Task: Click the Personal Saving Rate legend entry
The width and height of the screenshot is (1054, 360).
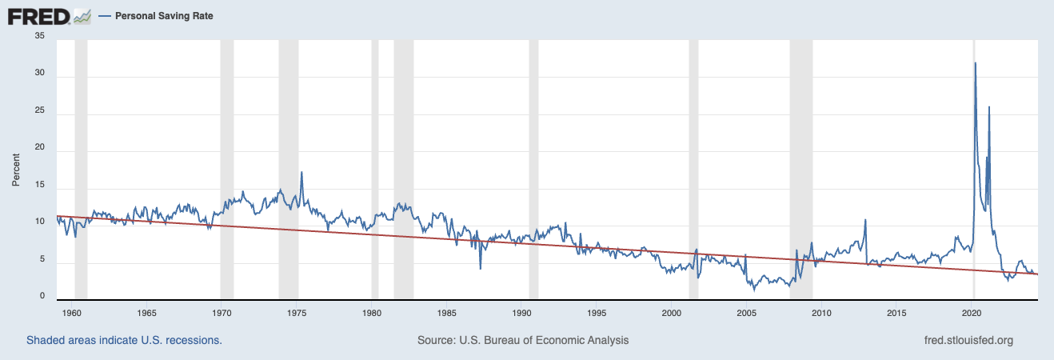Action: click(164, 16)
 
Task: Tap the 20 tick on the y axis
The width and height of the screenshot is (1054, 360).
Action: click(40, 150)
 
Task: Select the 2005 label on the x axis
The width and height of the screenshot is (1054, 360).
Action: click(747, 312)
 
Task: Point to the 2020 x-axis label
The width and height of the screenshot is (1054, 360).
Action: click(972, 312)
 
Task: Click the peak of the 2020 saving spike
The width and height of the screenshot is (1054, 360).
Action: click(975, 63)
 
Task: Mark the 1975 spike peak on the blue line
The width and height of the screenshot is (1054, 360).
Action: click(301, 172)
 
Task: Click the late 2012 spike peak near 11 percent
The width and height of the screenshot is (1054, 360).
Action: click(865, 220)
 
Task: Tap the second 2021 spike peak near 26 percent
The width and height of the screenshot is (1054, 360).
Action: click(989, 107)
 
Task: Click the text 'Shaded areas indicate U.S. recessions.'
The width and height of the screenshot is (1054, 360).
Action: click(124, 340)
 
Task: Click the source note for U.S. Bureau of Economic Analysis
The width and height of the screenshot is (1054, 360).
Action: click(523, 340)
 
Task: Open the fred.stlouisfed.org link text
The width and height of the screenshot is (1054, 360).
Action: click(968, 340)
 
